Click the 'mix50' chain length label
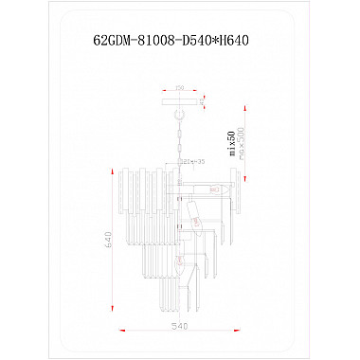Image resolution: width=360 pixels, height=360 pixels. (x=230, y=142)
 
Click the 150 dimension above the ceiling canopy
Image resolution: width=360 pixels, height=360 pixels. (x=179, y=87)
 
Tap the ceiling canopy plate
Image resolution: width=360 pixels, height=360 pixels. (x=179, y=98)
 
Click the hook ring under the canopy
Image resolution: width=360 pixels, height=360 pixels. (x=179, y=108)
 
